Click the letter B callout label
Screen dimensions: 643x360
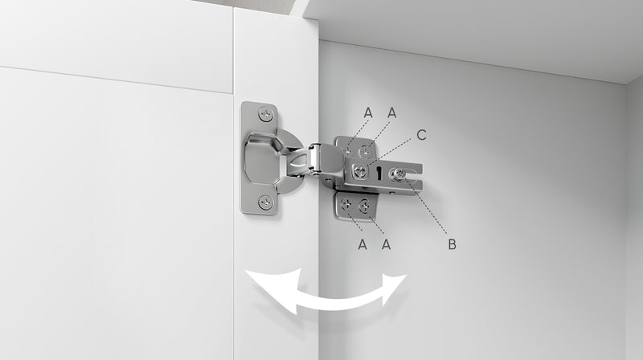click(x=452, y=244)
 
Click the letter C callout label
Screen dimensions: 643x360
click(x=421, y=135)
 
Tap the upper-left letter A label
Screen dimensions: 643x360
click(x=368, y=112)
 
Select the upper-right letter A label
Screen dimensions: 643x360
click(x=392, y=112)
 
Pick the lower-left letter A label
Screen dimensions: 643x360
click(x=362, y=244)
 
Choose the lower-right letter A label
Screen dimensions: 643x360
click(x=386, y=244)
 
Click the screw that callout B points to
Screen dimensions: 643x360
click(x=399, y=174)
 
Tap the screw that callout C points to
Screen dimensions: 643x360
click(x=360, y=170)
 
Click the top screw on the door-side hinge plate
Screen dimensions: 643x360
click(x=265, y=113)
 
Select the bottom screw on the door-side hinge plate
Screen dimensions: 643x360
click(x=265, y=202)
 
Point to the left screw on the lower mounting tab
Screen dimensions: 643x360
click(x=347, y=204)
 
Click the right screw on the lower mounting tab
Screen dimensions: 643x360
click(x=364, y=206)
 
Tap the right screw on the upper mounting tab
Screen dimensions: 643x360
click(x=364, y=152)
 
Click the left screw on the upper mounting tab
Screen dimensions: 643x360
click(x=347, y=150)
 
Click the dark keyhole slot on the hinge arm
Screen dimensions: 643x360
click(x=379, y=174)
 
